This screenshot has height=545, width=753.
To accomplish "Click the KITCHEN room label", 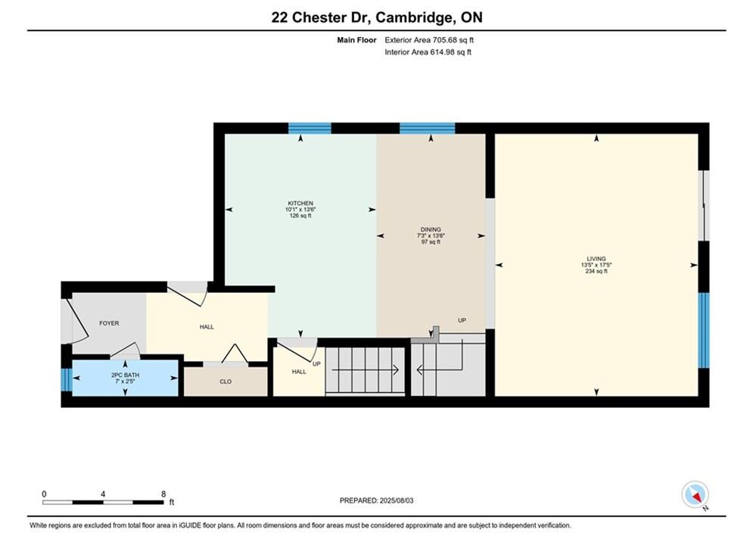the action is click(x=300, y=203).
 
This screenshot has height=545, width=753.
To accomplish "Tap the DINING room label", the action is click(x=431, y=229).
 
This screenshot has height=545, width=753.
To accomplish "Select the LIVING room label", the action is click(x=596, y=258).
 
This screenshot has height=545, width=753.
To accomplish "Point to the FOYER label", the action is click(x=109, y=323).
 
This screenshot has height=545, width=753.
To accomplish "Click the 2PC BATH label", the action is click(x=125, y=375).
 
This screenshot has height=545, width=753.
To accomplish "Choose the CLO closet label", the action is click(x=226, y=381).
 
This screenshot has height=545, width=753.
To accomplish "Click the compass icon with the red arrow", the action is click(x=695, y=494).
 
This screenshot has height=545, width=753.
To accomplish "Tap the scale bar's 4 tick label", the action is click(x=103, y=494).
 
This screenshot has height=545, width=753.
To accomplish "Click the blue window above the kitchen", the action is click(x=310, y=128).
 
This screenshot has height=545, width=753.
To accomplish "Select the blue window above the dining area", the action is click(x=428, y=128).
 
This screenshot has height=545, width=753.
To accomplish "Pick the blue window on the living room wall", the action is click(x=704, y=330).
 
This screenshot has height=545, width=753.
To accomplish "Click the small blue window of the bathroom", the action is click(x=67, y=379).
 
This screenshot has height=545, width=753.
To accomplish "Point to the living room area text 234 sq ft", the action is click(x=596, y=271).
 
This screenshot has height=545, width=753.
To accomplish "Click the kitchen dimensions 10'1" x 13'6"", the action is click(x=300, y=210).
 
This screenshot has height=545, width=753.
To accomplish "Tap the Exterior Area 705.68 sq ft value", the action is click(x=429, y=40).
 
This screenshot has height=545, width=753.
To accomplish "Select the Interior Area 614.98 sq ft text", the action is click(x=428, y=52).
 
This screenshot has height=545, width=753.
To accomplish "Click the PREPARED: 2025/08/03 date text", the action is click(x=377, y=500).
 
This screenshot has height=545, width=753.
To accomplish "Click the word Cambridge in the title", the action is click(x=416, y=17).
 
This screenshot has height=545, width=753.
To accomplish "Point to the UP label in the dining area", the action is click(x=462, y=320).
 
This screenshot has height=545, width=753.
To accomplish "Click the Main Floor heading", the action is click(x=356, y=40).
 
